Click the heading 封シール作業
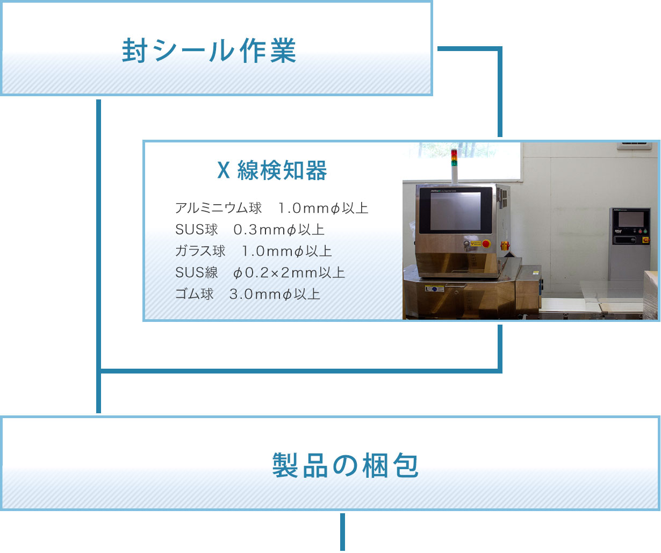pyautogui.click(x=209, y=51)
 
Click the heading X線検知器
pyautogui.click(x=272, y=171)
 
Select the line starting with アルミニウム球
pyautogui.click(x=271, y=208)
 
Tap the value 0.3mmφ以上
pyautogui.click(x=279, y=230)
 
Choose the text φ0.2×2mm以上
pyautogui.click(x=289, y=273)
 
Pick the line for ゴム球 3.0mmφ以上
pyautogui.click(x=247, y=295)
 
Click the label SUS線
pyautogui.click(x=196, y=273)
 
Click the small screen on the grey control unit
pyautogui.click(x=631, y=219)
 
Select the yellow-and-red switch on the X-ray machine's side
pyautogui.click(x=505, y=246)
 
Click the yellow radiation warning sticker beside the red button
pyautogui.click(x=476, y=243)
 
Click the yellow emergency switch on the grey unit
pyautogui.click(x=646, y=240)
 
